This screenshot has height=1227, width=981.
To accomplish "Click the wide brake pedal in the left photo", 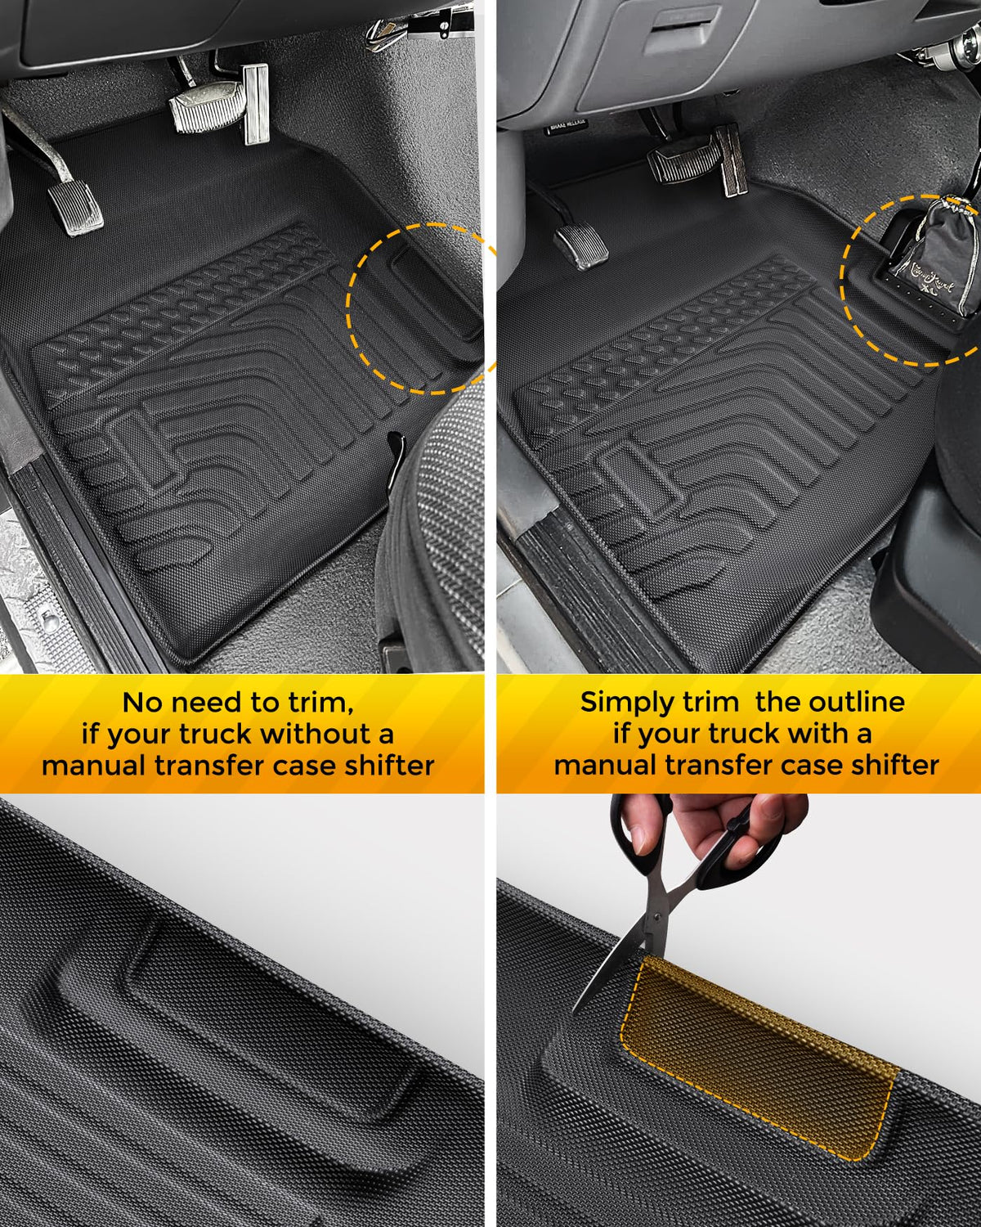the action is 206,106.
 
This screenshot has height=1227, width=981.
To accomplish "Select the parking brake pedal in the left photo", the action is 76,208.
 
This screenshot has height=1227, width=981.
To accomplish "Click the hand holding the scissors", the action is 719,827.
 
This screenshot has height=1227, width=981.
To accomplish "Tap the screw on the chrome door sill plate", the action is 48,615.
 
